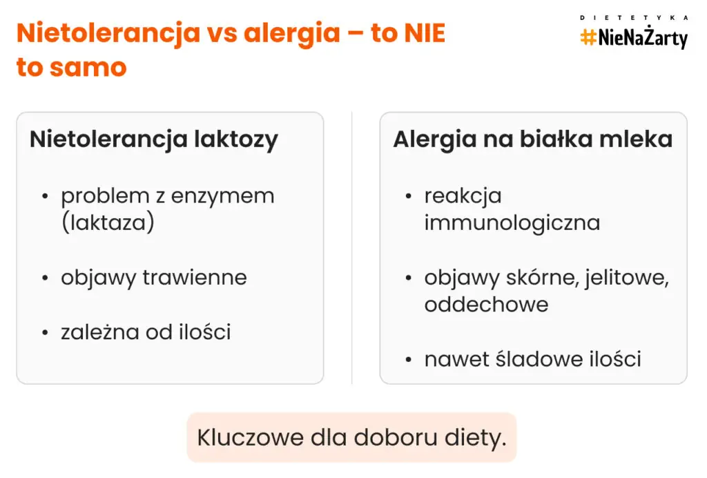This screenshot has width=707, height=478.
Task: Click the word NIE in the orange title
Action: (423, 34)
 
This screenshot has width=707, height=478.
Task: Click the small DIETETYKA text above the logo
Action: (634, 17)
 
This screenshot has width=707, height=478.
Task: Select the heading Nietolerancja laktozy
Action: (153, 139)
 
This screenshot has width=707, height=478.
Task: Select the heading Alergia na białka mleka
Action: (532, 139)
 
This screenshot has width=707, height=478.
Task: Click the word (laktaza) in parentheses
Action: (107, 223)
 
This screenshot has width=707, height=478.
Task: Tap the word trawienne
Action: (195, 278)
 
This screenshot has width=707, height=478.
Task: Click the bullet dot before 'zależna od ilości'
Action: (46, 333)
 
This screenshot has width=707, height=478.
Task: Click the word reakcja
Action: (463, 196)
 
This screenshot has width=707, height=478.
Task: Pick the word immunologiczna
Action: (512, 223)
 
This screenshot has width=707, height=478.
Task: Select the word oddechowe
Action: (486, 305)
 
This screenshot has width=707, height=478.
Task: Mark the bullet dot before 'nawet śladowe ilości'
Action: (409, 360)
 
